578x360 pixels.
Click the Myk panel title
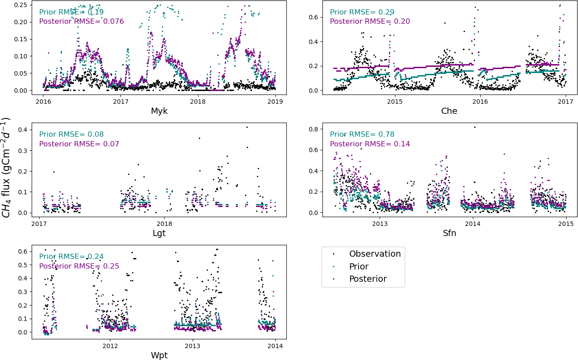click(159, 111)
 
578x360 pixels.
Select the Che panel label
click(449, 111)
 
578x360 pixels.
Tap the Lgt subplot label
click(159, 233)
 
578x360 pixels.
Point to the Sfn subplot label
click(449, 233)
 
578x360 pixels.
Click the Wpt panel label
click(159, 355)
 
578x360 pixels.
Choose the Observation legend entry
click(375, 254)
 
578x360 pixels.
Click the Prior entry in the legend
click(359, 267)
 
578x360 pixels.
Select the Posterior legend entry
click(368, 279)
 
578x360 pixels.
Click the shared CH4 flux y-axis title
click(6, 167)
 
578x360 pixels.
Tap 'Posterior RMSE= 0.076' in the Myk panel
click(81, 22)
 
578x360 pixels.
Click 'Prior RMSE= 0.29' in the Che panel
click(362, 12)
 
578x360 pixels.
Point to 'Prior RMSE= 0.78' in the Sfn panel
click(362, 135)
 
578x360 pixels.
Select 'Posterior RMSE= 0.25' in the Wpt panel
click(79, 266)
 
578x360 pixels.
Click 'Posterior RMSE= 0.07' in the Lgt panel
click(79, 144)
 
